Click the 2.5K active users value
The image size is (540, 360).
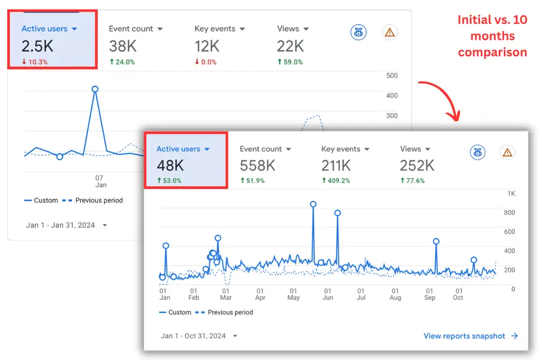38,46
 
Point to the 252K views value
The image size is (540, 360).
417,165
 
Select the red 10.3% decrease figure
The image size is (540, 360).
34,62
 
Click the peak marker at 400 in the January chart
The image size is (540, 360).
95,89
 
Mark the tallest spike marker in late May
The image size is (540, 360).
313,204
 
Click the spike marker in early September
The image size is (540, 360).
436,241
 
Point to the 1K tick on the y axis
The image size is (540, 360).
511,194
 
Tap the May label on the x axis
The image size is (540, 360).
293,298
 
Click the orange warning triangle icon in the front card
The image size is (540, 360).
508,152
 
